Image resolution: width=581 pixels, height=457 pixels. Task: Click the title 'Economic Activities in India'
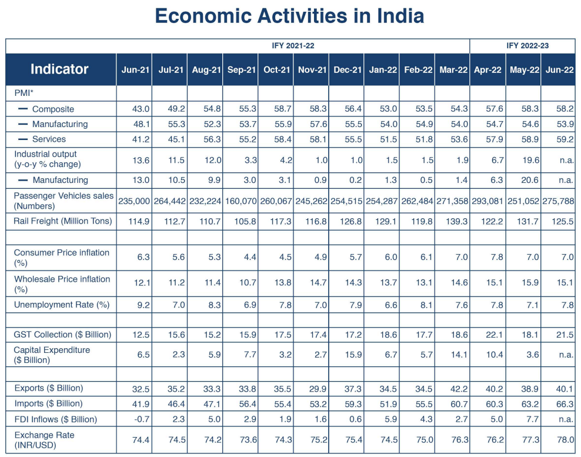(289, 16)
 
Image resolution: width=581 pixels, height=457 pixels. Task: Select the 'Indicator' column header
(59, 69)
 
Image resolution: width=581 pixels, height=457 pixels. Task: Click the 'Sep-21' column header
(241, 70)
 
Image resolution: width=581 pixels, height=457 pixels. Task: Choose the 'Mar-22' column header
(453, 70)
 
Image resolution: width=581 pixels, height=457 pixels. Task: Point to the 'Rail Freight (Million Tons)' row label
(61, 222)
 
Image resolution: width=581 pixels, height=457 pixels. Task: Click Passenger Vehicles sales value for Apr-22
(487, 201)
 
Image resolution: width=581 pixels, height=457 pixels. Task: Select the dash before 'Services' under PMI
(23, 139)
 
